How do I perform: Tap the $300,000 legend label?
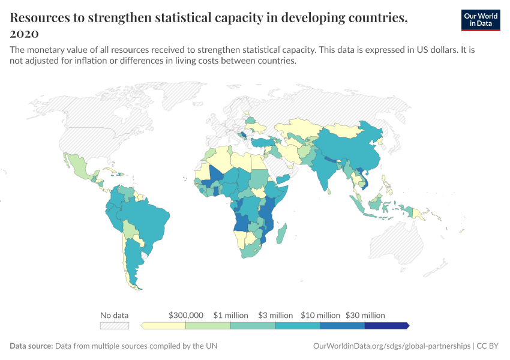tap(186, 315)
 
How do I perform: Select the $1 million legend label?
tap(230, 315)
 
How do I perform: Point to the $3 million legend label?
tap(275, 315)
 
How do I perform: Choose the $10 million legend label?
tap(320, 315)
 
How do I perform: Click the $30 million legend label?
tap(365, 315)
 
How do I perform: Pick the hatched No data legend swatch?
tap(114, 326)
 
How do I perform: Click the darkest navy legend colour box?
tap(386, 326)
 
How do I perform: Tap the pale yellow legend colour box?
tap(164, 326)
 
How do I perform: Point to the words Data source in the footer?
tap(31, 346)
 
